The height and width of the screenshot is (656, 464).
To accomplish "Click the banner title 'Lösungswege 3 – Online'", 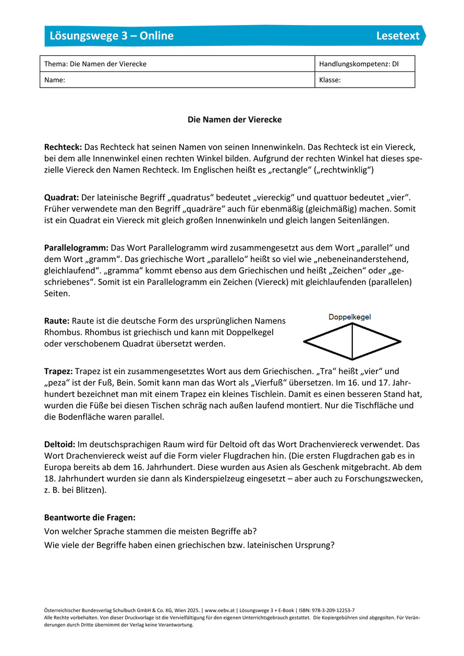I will (112, 35).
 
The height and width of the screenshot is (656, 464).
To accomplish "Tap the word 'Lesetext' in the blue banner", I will (398, 35).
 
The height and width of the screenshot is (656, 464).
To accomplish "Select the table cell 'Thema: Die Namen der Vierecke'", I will (95, 64).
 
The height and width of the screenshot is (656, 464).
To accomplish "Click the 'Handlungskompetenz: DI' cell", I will (355, 64).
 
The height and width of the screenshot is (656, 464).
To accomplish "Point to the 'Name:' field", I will (55, 80).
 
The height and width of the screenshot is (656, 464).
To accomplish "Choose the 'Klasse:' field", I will (330, 80).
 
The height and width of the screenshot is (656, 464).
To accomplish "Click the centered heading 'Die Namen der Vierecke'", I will (235, 120).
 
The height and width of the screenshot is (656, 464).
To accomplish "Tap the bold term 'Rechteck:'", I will (63, 147).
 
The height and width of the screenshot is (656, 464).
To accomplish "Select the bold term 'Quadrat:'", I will (62, 197).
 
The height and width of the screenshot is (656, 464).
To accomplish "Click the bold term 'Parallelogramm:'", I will (76, 247).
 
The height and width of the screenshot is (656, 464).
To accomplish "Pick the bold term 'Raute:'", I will (57, 320).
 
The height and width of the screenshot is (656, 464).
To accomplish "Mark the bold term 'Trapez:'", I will (58, 371).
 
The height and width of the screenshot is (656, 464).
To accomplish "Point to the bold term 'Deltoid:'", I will (60, 444).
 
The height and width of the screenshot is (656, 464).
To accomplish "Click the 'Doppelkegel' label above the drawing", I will (349, 317).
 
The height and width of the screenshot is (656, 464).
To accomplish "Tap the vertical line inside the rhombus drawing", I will (352, 341).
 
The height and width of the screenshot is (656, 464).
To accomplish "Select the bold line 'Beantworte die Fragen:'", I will (90, 518).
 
